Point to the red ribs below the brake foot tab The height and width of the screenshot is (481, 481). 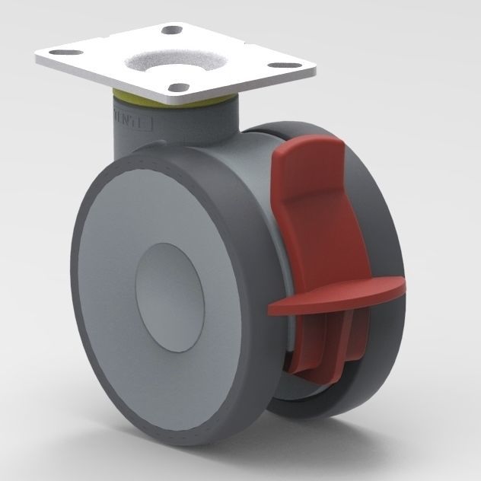click(327, 342)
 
